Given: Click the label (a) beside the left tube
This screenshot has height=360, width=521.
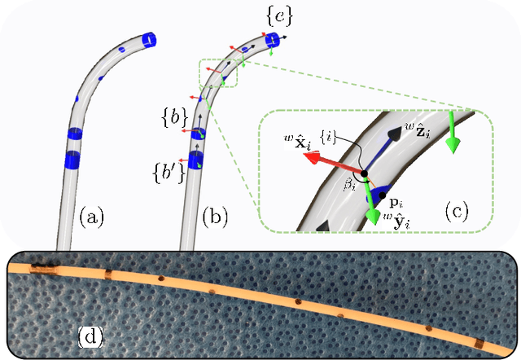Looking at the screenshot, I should coord(92,217).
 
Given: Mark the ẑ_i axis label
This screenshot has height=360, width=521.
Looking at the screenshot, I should coord(417,128).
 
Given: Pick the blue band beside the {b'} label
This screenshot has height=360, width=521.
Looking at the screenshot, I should coord(196,160).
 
